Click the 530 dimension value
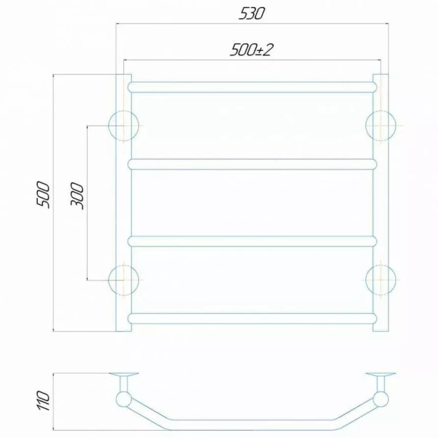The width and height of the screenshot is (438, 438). [x=251, y=14]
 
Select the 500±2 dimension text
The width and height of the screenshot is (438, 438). [x=251, y=50]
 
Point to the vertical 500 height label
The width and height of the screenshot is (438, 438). [x=44, y=194]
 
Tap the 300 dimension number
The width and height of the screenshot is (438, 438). [x=77, y=195]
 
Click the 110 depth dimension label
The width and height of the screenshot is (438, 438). [x=44, y=401]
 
